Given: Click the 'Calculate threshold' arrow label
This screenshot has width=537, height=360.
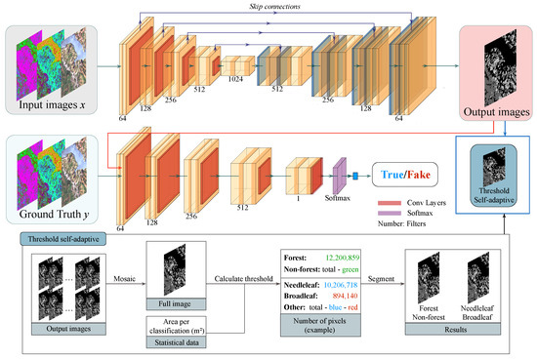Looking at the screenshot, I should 244,277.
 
